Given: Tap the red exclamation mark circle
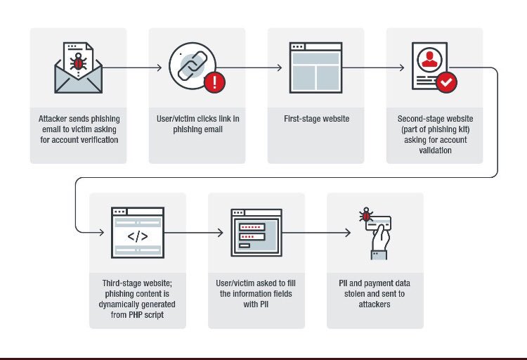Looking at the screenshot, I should tap(214, 83).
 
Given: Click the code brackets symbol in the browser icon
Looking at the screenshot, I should tap(138, 236).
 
